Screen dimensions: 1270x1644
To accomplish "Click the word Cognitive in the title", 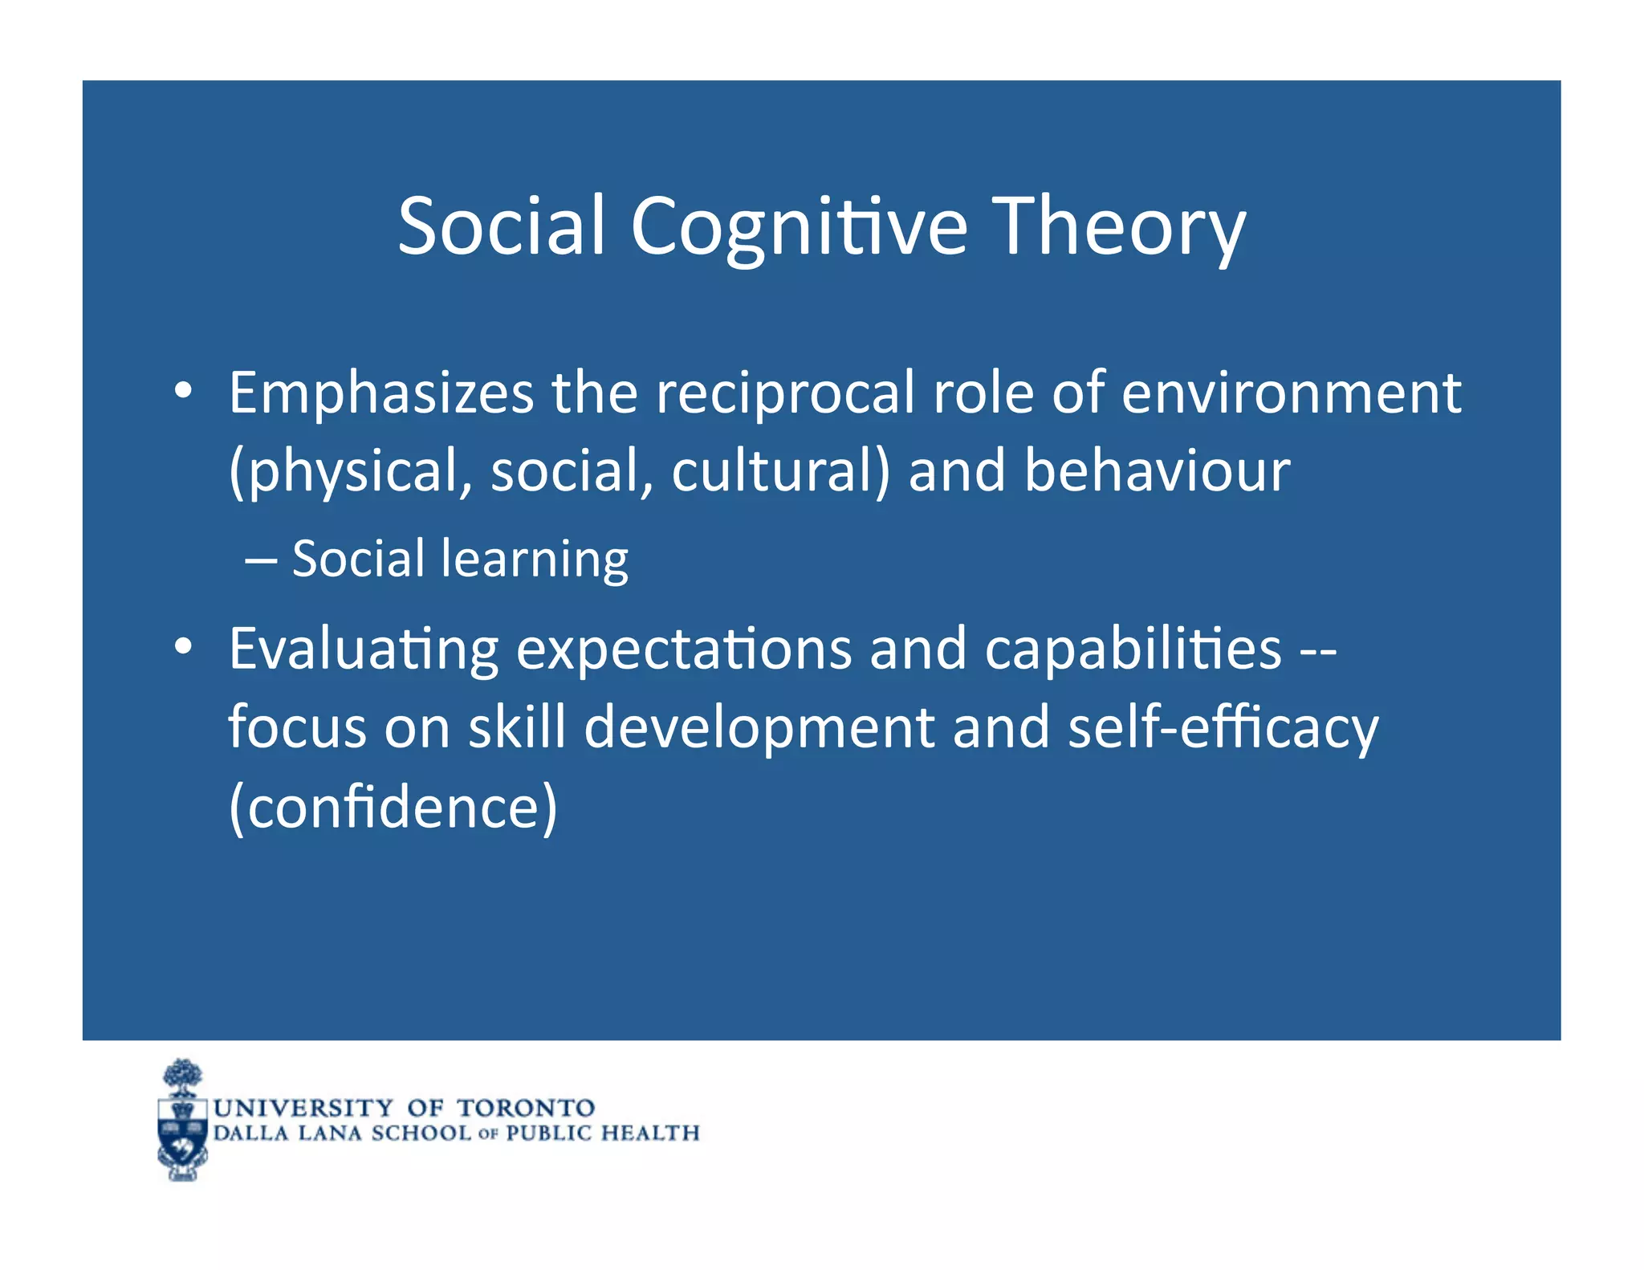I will (799, 227).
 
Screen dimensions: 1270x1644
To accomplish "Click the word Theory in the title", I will (1119, 227).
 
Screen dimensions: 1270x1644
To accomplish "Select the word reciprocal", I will (784, 393).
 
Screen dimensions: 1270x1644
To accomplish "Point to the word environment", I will (1291, 393).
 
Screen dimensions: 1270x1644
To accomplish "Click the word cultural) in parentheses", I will (780, 471).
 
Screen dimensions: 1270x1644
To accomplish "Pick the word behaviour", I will (1157, 471).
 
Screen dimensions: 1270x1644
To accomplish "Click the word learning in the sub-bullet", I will (535, 560).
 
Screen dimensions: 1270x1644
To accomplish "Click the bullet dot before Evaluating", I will (183, 646).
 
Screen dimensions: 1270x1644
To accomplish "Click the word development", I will (759, 727).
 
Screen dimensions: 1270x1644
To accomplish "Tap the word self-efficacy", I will (1223, 727).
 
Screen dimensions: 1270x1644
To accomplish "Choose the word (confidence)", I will (393, 807).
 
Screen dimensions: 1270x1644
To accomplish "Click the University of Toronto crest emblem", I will (183, 1121).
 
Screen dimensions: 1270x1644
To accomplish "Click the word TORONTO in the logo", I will (526, 1108).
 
